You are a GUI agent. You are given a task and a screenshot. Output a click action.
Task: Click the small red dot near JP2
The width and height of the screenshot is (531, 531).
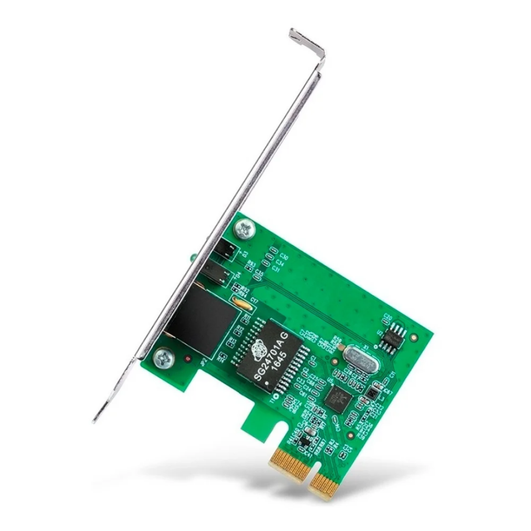click(x=187, y=359)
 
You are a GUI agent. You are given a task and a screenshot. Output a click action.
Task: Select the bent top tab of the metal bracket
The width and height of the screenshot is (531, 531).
click(x=306, y=44)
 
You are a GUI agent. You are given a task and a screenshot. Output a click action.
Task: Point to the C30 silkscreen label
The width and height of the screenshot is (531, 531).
click(x=284, y=256)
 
